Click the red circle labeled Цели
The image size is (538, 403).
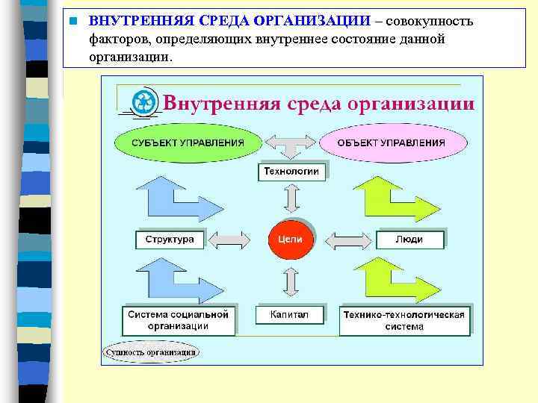pos(291,239)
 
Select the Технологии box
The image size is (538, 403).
pos(292,172)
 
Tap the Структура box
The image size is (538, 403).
pos(170,240)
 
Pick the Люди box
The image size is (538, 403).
pos(409,240)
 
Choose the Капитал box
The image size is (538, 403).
pos(290,315)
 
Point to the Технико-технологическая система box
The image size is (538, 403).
pos(404,320)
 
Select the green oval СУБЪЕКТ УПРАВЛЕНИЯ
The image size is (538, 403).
pos(188,143)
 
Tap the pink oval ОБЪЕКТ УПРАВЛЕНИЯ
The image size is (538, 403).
pos(391,143)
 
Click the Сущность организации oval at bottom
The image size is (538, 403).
pos(151,351)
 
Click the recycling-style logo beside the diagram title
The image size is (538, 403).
pos(144,102)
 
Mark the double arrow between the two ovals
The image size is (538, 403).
pos(291,143)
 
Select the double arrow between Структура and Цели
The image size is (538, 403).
pos(229,240)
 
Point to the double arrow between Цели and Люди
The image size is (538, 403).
pos(350,240)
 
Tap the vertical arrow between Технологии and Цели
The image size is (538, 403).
pos(291,199)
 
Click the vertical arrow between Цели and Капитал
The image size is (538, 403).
pos(291,282)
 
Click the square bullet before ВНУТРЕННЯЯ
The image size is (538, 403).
pos(72,21)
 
